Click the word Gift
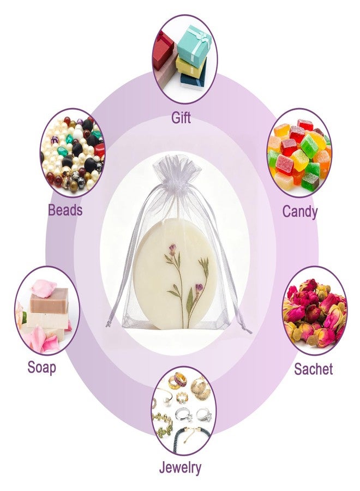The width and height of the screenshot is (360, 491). tap(181, 118)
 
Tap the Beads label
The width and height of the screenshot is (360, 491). tap(65, 210)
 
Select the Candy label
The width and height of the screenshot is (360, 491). tap(300, 211)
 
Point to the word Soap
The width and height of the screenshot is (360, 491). tap(41, 367)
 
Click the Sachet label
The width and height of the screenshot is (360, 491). tap(313, 369)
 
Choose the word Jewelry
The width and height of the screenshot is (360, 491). tap(180, 469)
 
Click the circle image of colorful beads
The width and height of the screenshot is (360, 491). tap(73, 153)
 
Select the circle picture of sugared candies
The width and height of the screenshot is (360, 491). tap(299, 153)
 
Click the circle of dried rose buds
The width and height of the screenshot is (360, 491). tap(315, 310)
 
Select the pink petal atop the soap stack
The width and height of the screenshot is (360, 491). tap(44, 288)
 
